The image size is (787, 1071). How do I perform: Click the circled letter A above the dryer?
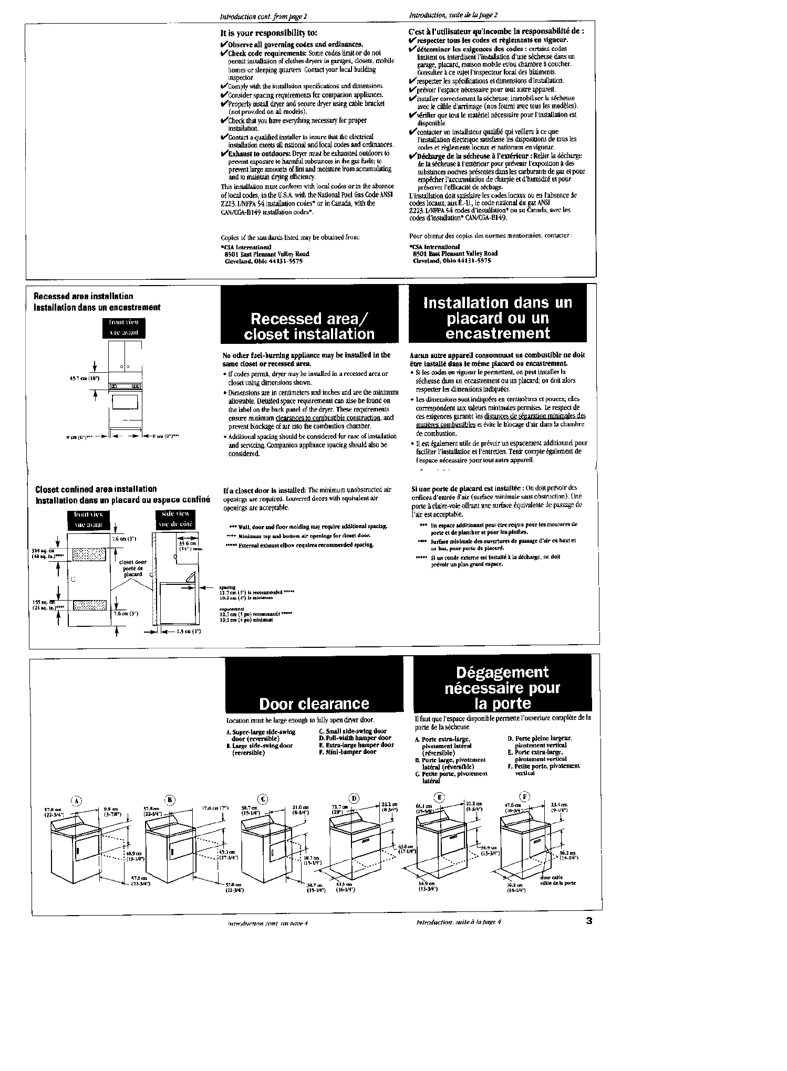click(x=77, y=801)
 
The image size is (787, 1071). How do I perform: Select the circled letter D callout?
click(x=355, y=799)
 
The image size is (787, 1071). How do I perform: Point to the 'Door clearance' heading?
click(x=314, y=703)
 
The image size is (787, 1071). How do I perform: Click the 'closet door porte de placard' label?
click(x=133, y=568)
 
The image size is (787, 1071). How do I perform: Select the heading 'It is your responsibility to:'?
click(x=268, y=33)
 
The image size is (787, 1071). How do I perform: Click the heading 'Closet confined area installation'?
click(x=96, y=489)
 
